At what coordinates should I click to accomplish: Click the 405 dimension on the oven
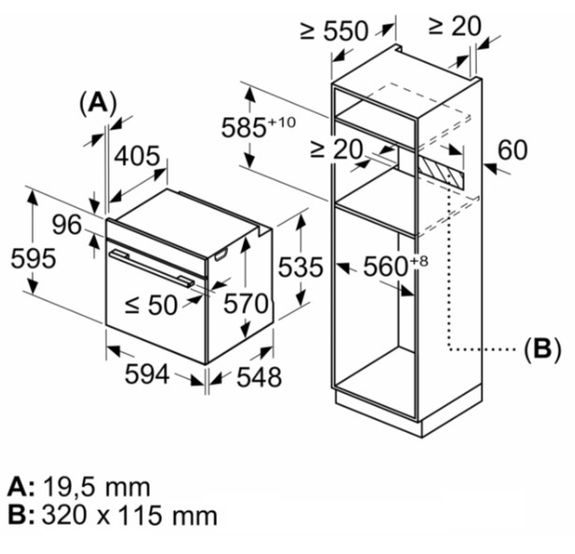[x=137, y=156]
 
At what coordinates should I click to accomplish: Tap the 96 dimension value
[x=66, y=225]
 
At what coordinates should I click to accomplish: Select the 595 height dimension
[x=34, y=258]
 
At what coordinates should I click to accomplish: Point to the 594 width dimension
[x=147, y=374]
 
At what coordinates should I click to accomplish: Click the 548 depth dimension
[x=259, y=377]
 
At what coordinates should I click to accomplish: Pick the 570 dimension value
[x=247, y=303]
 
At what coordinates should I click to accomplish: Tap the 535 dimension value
[x=301, y=267]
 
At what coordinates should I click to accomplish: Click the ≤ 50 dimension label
[x=151, y=305]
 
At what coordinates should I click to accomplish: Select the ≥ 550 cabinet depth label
[x=334, y=31]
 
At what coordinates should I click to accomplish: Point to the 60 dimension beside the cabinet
[x=512, y=150]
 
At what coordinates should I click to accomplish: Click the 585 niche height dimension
[x=258, y=127]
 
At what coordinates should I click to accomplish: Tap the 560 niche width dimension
[x=395, y=266]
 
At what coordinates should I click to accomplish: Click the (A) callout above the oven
[x=98, y=102]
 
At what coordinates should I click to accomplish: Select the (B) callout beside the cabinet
[x=542, y=349]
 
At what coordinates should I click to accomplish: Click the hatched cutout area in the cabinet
[x=440, y=170]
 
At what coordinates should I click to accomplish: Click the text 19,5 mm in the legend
[x=97, y=488]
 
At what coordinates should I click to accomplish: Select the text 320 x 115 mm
[x=129, y=515]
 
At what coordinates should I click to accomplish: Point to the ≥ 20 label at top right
[x=454, y=26]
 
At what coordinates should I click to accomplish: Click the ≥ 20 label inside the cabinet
[x=337, y=150]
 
